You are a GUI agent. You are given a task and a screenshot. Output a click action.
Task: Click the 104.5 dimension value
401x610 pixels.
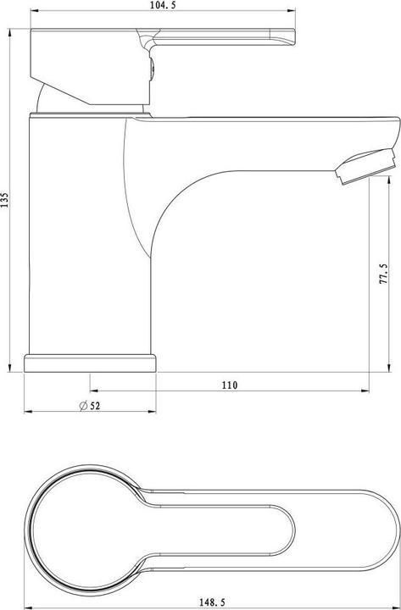coord(164,7)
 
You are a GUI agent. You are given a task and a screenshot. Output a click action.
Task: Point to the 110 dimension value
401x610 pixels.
coord(229,385)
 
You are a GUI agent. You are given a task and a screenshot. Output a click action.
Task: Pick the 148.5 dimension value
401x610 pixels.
coord(215,600)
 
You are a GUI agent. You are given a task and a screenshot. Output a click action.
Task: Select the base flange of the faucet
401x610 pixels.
coord(91,363)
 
